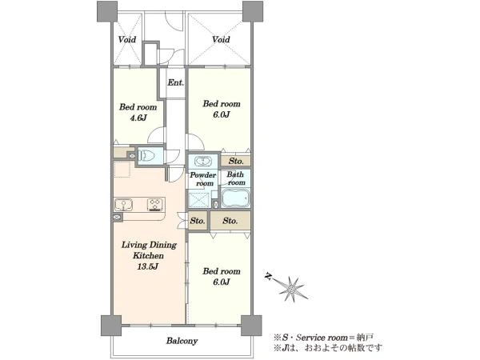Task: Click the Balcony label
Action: (x=182, y=341)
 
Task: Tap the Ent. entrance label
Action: (x=175, y=82)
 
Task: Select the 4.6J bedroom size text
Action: (x=138, y=118)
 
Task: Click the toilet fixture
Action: (x=146, y=156)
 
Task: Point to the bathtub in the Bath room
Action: (x=235, y=198)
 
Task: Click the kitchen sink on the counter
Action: (x=124, y=205)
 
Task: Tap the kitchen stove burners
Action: (x=155, y=205)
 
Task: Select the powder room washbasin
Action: (x=202, y=161)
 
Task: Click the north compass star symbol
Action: (x=292, y=289)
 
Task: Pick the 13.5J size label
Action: (x=147, y=266)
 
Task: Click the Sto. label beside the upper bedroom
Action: (x=236, y=161)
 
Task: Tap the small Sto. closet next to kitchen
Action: (x=198, y=221)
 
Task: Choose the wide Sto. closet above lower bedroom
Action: (x=230, y=221)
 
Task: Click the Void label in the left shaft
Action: (x=127, y=39)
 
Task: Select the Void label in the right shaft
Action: (x=221, y=39)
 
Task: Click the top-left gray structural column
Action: (x=107, y=11)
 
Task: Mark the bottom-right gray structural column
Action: (x=251, y=326)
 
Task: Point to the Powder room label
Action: (x=203, y=179)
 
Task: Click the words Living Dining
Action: (x=149, y=245)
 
